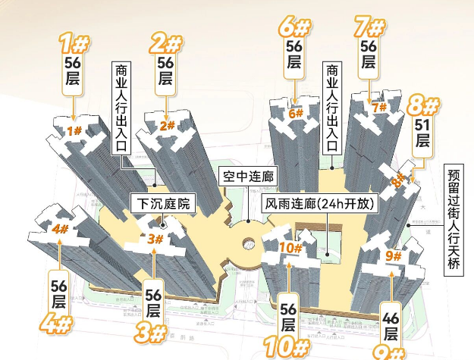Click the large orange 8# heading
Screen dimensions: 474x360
coord(422,104)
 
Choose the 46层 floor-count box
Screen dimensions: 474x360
coord(391,324)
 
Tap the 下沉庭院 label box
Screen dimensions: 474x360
coord(163,204)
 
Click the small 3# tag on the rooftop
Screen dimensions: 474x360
coord(155,239)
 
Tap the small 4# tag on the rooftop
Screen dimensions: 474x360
coord(61,228)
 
